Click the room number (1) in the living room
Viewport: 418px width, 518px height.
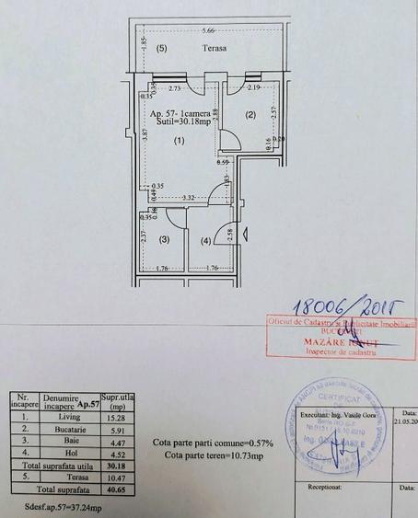pos(180,141)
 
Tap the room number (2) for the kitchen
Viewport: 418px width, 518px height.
pos(249,115)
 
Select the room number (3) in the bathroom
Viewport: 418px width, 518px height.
pos(164,239)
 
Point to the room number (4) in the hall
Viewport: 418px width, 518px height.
pos(205,241)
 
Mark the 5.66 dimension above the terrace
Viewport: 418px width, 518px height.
pos(211,30)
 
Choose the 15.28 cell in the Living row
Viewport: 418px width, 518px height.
pos(110,418)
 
